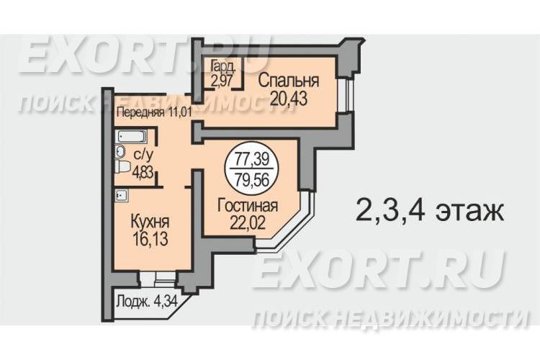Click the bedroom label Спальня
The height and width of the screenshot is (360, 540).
pyautogui.click(x=289, y=81)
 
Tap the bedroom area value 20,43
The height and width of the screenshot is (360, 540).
pyautogui.click(x=289, y=99)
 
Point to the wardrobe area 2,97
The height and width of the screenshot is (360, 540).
pyautogui.click(x=222, y=81)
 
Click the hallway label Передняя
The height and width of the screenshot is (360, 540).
pyautogui.click(x=140, y=112)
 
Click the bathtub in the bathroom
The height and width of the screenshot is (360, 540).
pyautogui.click(x=131, y=136)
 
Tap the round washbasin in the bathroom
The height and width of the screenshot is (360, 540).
pyautogui.click(x=120, y=151)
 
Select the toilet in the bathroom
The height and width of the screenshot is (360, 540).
pyautogui.click(x=122, y=168)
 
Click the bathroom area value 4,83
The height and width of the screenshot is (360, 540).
pyautogui.click(x=143, y=171)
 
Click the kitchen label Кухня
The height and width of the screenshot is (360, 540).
pyautogui.click(x=150, y=222)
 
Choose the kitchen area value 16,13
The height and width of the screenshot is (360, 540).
pyautogui.click(x=150, y=239)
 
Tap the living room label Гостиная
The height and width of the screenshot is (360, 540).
pyautogui.click(x=248, y=206)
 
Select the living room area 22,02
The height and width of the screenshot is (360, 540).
pyautogui.click(x=248, y=223)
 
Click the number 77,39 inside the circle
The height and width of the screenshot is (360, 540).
pyautogui.click(x=251, y=160)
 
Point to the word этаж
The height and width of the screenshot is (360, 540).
pyautogui.click(x=470, y=211)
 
